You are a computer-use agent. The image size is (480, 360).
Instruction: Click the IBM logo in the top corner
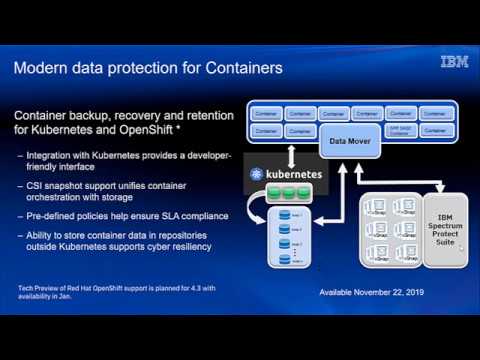[x=454, y=62]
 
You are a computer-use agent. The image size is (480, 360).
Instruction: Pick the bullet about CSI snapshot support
[x=121, y=191]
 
